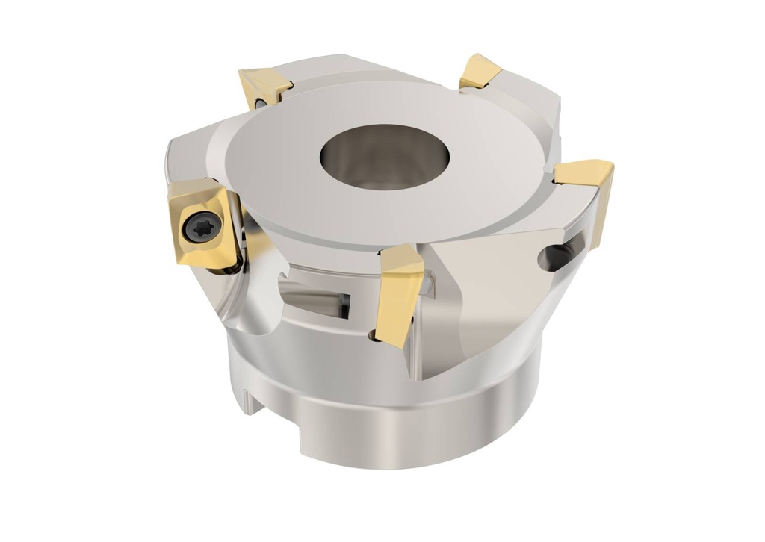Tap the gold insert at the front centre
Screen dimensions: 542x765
[x=400, y=291]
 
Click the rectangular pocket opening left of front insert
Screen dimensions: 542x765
[x=314, y=295]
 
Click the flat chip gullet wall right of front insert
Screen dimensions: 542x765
[x=478, y=299]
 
